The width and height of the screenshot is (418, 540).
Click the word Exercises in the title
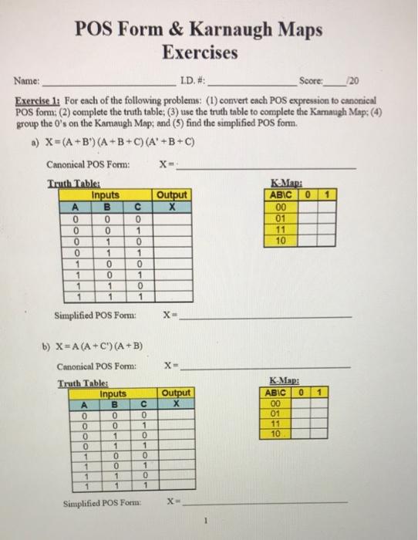point(200,53)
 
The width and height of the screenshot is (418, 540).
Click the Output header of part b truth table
point(177,393)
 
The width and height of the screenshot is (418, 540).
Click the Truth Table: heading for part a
point(69,184)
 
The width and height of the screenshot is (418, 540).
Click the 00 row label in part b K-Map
point(275,402)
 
